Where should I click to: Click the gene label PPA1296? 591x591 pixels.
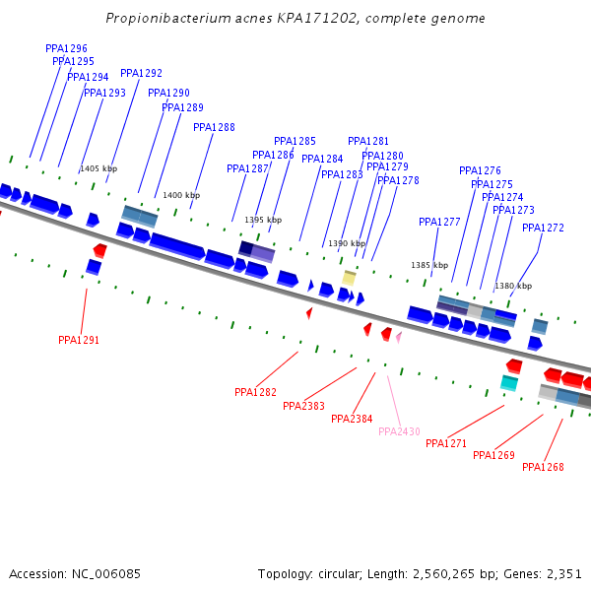point(66,48)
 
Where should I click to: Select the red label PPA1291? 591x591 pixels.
point(79,340)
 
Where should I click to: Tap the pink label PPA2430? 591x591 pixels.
point(399,431)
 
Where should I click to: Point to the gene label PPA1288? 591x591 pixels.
point(214,127)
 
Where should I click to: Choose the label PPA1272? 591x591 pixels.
point(543,228)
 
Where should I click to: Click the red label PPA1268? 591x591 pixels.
point(543,467)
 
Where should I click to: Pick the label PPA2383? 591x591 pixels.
point(303,406)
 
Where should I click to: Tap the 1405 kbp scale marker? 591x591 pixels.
point(98,168)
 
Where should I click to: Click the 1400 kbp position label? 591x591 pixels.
point(181,195)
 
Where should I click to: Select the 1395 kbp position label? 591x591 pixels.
point(263,220)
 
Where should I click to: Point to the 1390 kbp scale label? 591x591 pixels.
point(347,243)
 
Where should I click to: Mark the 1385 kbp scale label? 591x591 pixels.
point(429,265)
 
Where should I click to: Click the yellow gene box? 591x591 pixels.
point(349,279)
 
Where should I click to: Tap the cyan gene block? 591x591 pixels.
point(509,382)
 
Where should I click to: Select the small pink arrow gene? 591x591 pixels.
point(399,337)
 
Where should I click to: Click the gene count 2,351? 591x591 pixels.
point(563,573)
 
